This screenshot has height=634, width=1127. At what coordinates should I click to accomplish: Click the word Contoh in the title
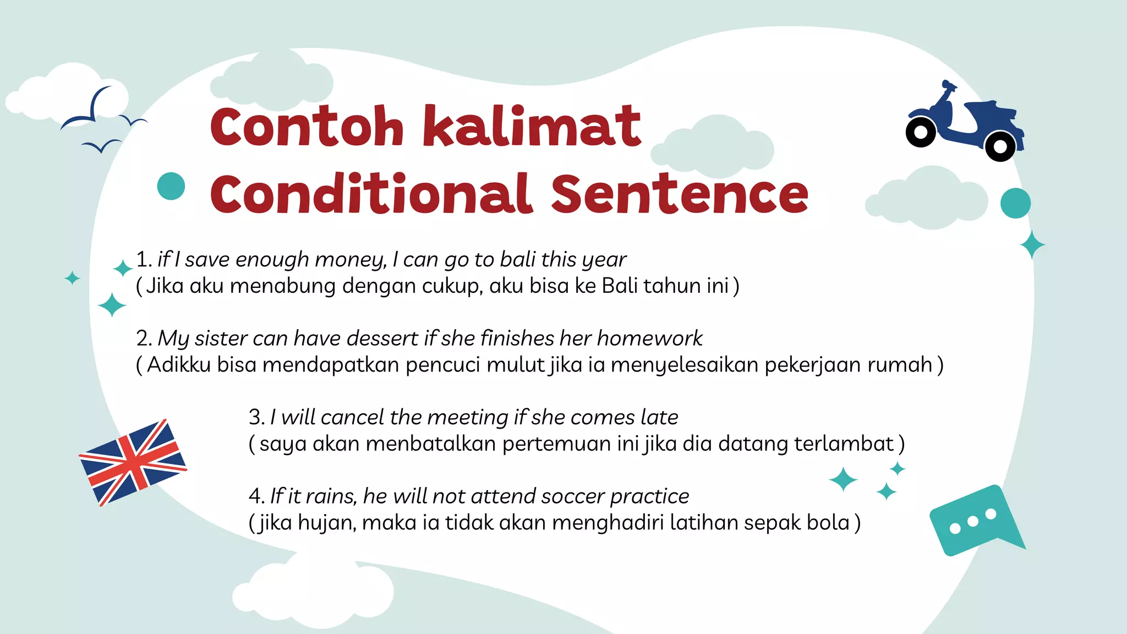click(x=307, y=127)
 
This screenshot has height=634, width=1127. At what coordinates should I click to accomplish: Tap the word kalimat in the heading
click(x=532, y=127)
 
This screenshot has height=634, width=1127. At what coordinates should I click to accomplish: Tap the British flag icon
click(x=133, y=463)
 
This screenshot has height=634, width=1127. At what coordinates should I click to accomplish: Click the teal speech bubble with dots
click(x=973, y=520)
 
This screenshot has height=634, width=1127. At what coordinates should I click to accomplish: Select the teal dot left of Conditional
click(x=171, y=186)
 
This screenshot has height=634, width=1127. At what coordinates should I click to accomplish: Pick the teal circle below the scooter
click(x=1015, y=203)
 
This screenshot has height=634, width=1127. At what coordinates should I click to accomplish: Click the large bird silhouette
click(x=91, y=110)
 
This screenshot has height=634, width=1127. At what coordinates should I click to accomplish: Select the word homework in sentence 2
click(x=649, y=338)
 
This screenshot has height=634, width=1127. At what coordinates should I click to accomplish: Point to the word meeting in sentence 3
click(x=468, y=418)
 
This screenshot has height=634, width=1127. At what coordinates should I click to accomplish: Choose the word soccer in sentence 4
click(x=572, y=496)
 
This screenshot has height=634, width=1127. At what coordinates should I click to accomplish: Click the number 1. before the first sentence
click(x=144, y=260)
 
